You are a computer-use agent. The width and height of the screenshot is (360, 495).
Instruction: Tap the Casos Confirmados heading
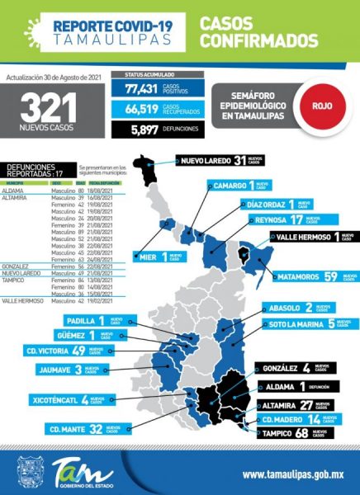(258, 32)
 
